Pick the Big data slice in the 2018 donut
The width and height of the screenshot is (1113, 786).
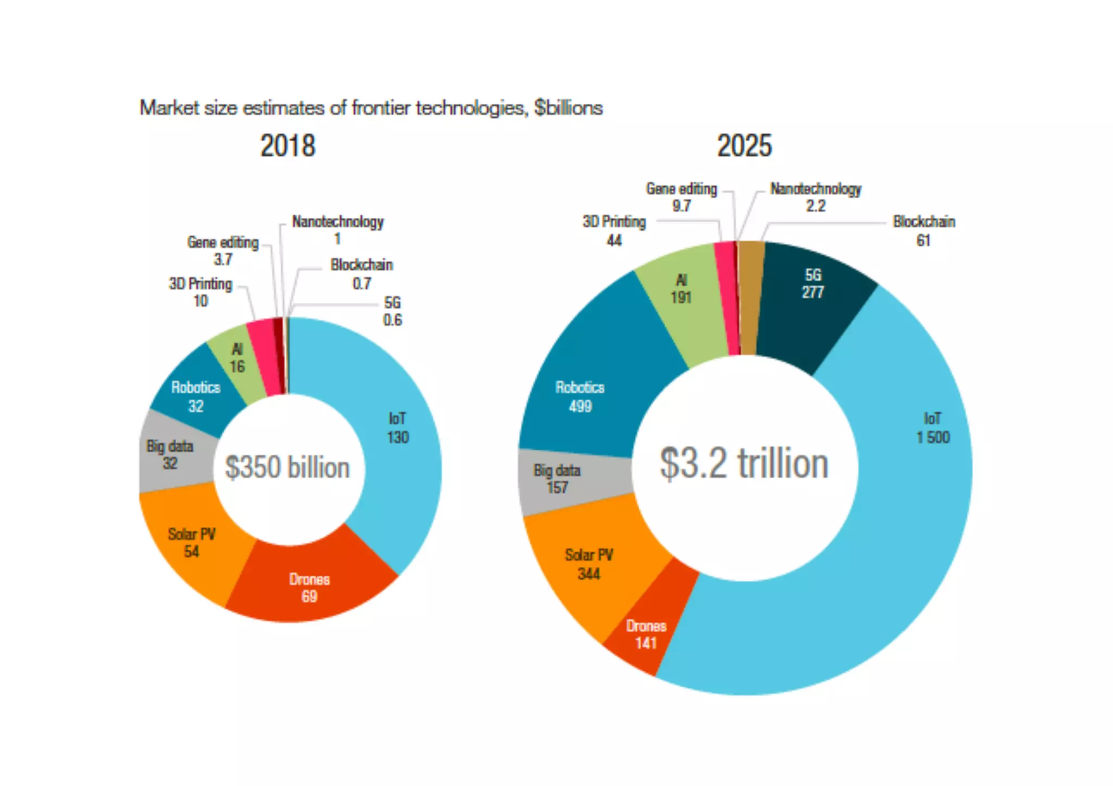pos(171,454)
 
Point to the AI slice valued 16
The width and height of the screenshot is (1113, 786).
pos(237,359)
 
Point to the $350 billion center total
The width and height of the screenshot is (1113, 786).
pos(287,468)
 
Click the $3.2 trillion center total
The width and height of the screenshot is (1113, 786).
pos(744,464)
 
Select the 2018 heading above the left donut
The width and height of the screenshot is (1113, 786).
pos(287,146)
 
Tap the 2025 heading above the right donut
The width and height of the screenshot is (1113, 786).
pos(744,146)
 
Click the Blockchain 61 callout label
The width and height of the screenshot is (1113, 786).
pos(924,230)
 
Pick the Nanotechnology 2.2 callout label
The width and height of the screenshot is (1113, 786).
pos(816,197)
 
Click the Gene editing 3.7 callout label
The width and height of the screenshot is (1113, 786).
pos(223,250)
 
